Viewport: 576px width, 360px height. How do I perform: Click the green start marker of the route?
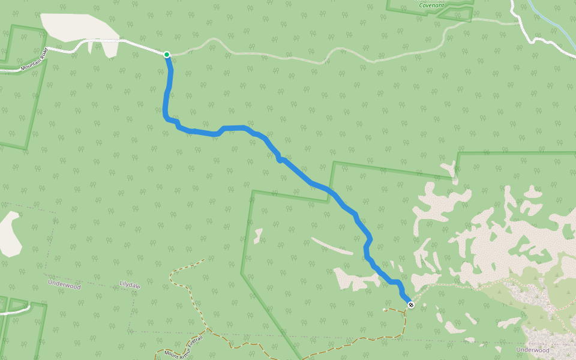[x=167, y=55]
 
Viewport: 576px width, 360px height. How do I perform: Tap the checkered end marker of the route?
[x=411, y=305]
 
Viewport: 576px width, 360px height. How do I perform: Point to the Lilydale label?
[x=130, y=286]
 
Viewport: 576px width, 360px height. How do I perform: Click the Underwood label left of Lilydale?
[x=64, y=286]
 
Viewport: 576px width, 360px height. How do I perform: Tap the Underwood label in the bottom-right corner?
[x=532, y=350]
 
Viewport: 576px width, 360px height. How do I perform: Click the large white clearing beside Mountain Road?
[x=78, y=27]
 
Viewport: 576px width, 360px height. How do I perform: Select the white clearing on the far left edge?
[x=10, y=234]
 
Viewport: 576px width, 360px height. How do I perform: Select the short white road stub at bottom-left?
[x=15, y=311]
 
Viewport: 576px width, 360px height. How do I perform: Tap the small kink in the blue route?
[x=279, y=159]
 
